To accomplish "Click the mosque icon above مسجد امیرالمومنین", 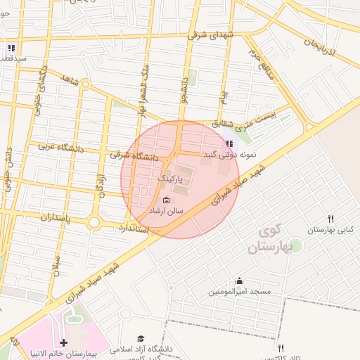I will tap(239, 280).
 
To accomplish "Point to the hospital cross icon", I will tap(64, 342).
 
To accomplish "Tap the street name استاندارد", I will tap(131, 229).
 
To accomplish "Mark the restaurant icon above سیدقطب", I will tap(11, 48).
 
